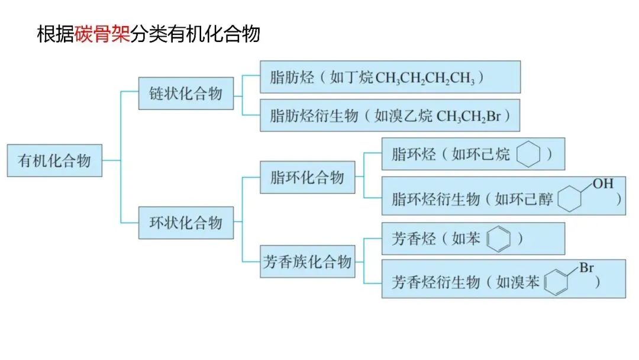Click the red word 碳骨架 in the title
click(x=102, y=35)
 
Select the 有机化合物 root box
click(x=54, y=160)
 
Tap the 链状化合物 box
click(x=186, y=94)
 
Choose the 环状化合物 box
click(x=186, y=223)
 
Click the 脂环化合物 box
click(x=308, y=178)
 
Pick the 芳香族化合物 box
click(x=308, y=262)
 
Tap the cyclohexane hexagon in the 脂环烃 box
click(x=528, y=155)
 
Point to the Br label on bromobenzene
click(x=586, y=268)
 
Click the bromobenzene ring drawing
click(x=558, y=282)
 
